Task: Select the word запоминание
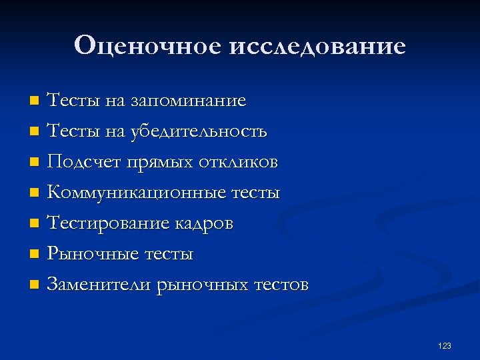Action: [x=188, y=101]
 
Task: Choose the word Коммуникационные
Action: [x=136, y=193]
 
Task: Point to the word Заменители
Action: [x=99, y=285]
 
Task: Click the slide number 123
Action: [x=445, y=346]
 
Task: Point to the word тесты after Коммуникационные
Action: [x=255, y=193]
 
